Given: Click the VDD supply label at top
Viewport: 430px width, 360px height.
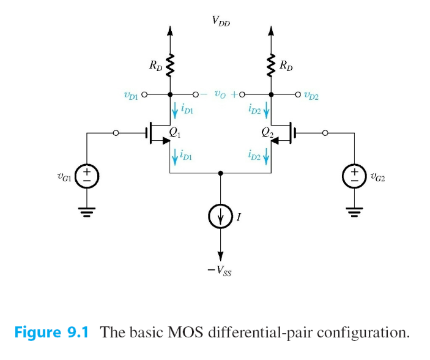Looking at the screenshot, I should pos(221,21).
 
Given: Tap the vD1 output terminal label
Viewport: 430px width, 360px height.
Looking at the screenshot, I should pos(130,95).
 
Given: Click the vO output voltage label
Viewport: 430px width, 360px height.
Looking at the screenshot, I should pos(219,95).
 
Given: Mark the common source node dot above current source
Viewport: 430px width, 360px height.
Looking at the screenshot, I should pos(221,173).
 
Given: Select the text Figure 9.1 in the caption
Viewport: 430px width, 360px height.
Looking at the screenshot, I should pos(51,333).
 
